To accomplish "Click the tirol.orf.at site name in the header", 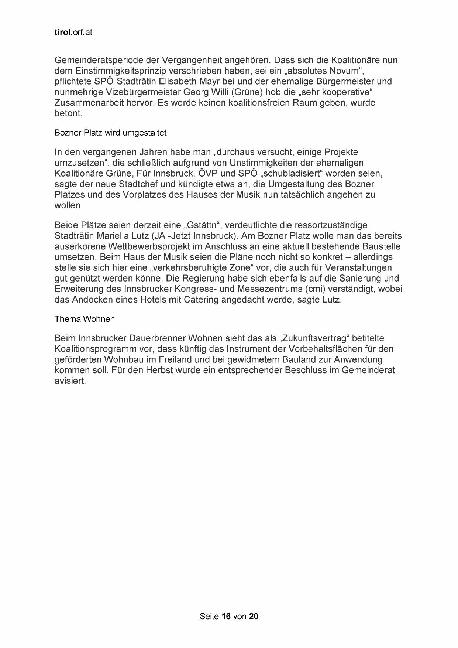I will pos(73,33).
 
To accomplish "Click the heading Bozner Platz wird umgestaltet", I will pos(110,133).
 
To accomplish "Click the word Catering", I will pos(201,300).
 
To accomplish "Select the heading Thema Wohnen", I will pos(85,319).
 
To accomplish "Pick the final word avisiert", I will pos(70,381).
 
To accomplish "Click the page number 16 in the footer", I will pos(226,617).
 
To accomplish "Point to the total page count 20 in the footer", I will pos(254,617).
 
